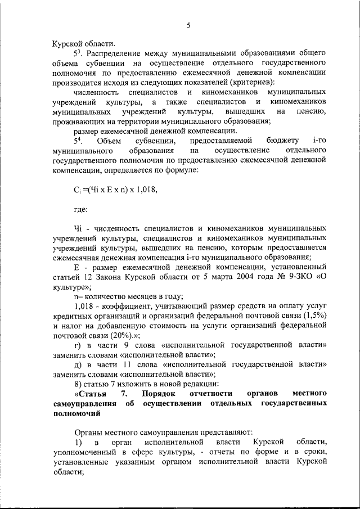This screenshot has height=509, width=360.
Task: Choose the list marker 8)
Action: (x=79, y=384)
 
